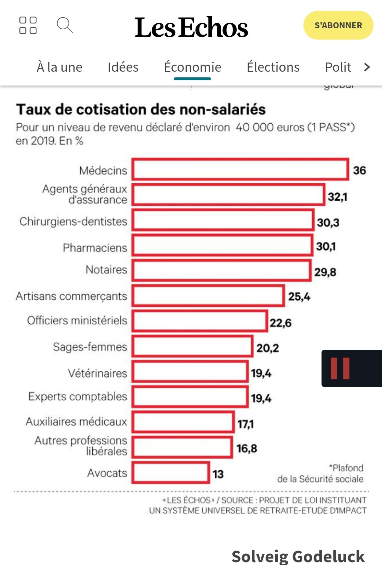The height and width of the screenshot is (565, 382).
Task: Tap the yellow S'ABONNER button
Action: pyautogui.click(x=338, y=25)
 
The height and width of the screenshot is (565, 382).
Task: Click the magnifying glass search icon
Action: pyautogui.click(x=65, y=25)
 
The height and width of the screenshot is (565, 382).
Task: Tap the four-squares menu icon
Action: pyautogui.click(x=28, y=25)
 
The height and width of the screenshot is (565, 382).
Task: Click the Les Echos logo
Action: pyautogui.click(x=191, y=27)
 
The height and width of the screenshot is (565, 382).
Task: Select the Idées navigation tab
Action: pyautogui.click(x=123, y=67)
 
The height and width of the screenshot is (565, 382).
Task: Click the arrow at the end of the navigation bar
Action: pyautogui.click(x=367, y=67)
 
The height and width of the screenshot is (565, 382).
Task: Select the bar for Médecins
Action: pyautogui.click(x=241, y=170)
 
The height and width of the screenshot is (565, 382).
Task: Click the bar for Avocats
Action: pyautogui.click(x=171, y=473)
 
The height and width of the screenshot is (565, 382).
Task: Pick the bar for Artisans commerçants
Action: pyautogui.click(x=208, y=296)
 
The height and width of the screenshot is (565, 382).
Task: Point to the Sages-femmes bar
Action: pyautogui.click(x=192, y=346)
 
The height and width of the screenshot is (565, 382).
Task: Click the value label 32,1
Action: pyautogui.click(x=337, y=197)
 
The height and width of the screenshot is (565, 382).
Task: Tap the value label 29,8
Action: pyautogui.click(x=325, y=272)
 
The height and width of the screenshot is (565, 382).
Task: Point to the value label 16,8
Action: pyautogui.click(x=247, y=448)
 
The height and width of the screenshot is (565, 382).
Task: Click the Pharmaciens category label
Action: pyautogui.click(x=95, y=248)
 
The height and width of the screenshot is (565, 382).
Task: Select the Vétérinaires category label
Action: pyautogui.click(x=98, y=373)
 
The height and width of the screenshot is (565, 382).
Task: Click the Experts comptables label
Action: pyautogui.click(x=77, y=396)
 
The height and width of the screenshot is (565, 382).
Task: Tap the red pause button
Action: pyautogui.click(x=340, y=368)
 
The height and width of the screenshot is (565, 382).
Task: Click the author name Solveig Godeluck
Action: pyautogui.click(x=298, y=556)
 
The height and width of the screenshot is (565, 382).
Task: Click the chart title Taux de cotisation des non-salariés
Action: pyautogui.click(x=141, y=110)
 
